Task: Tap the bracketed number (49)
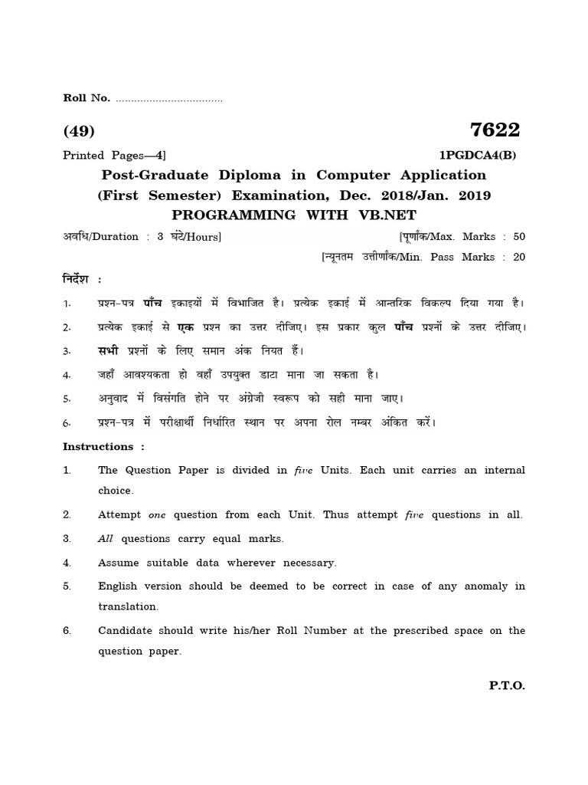click(x=79, y=131)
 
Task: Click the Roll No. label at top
click(x=87, y=97)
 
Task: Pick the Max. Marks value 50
click(x=519, y=237)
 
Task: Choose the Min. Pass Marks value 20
click(x=519, y=258)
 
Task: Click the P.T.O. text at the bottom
click(x=507, y=686)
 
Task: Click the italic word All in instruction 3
click(x=106, y=538)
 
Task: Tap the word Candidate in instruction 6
click(x=125, y=631)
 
